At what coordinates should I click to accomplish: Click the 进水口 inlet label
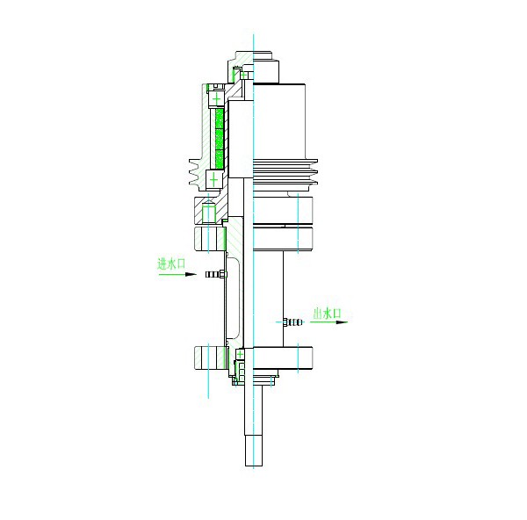(171, 264)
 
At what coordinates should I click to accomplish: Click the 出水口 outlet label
(327, 314)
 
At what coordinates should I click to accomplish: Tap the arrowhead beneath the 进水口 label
(191, 274)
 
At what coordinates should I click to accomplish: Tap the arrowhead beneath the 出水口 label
(342, 322)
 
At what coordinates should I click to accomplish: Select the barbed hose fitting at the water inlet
(215, 274)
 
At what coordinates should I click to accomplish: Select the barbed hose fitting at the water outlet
(292, 322)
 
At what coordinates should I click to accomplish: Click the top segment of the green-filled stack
(220, 119)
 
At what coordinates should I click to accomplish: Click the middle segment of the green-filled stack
(220, 139)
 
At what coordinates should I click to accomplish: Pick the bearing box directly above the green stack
(217, 99)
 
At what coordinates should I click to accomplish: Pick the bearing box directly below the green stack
(214, 180)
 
